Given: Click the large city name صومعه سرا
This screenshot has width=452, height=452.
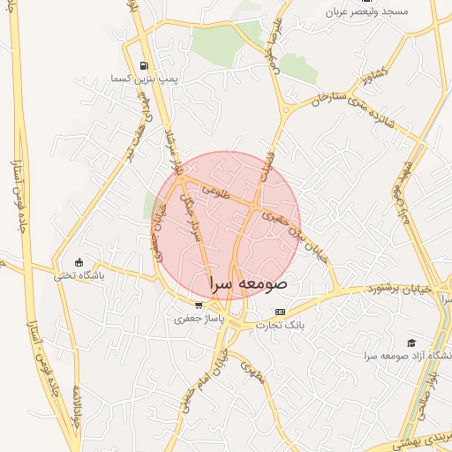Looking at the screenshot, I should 250,285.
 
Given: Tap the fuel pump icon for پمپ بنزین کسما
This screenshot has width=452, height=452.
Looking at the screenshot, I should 144,64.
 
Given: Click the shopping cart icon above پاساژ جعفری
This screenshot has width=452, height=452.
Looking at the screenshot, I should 199,305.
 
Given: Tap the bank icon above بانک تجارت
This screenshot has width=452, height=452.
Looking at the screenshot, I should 281,312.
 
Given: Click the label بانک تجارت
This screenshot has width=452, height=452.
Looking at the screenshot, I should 280,325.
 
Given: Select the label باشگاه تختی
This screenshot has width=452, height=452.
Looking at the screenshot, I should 79,275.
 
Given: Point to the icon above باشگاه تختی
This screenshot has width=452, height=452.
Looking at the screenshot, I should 79,261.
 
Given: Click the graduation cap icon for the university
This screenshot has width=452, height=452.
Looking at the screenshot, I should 411,343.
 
